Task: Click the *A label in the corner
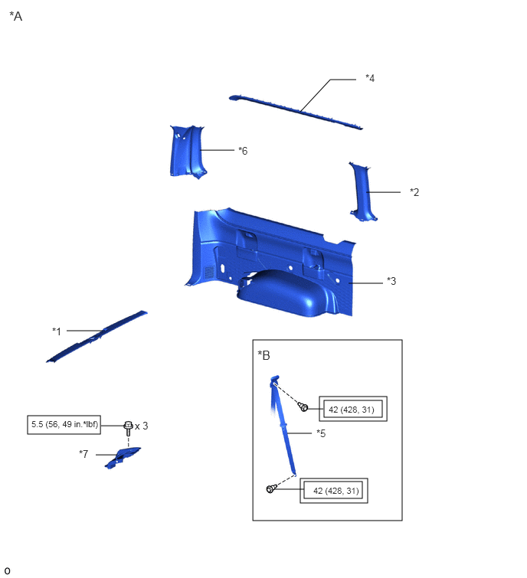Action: click(x=16, y=16)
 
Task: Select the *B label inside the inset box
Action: click(x=264, y=355)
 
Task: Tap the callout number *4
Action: click(x=370, y=78)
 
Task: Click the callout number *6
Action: click(x=243, y=150)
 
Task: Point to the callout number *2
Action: click(x=414, y=192)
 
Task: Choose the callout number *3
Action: click(x=391, y=281)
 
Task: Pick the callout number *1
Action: click(x=57, y=331)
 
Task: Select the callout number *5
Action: click(x=321, y=433)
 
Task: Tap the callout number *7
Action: click(x=83, y=454)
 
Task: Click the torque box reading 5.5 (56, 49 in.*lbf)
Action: click(x=64, y=425)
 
